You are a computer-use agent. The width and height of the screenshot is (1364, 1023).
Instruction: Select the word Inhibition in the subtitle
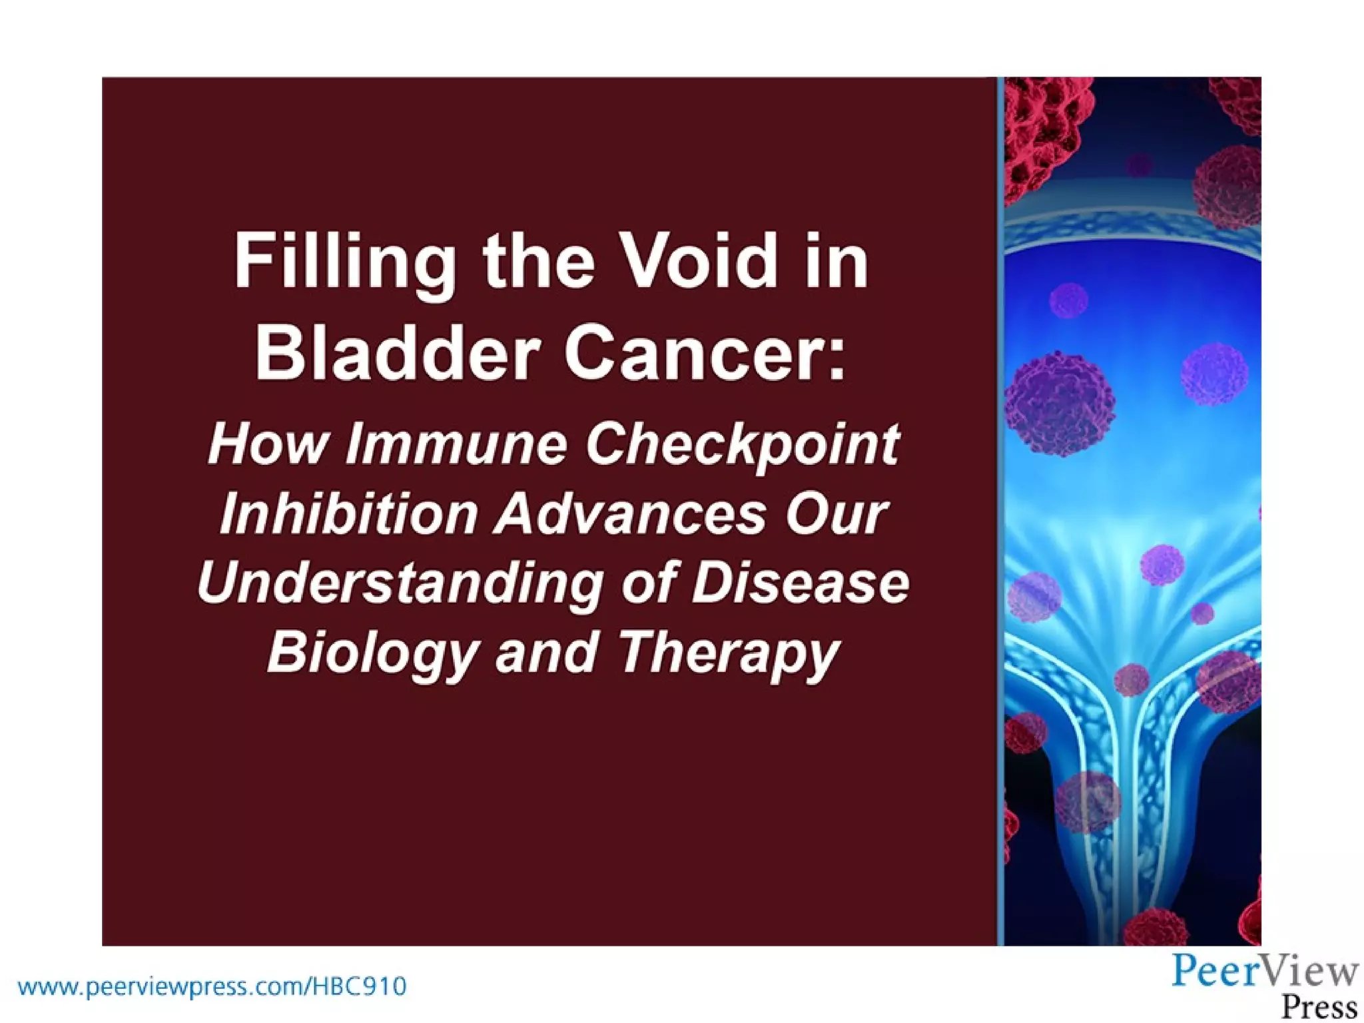pos(348,514)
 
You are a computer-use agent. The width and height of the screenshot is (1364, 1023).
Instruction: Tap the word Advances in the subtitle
pos(630,514)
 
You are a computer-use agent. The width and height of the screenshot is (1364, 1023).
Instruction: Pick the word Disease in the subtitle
pos(800,582)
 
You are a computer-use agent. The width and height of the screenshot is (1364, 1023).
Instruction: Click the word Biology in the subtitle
pos(372,653)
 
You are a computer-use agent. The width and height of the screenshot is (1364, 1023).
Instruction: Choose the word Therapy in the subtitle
pos(728,653)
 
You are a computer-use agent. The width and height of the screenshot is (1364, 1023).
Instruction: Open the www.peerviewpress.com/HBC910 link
pos(212,986)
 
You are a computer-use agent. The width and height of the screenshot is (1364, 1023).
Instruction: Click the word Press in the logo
pos(1319,1005)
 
